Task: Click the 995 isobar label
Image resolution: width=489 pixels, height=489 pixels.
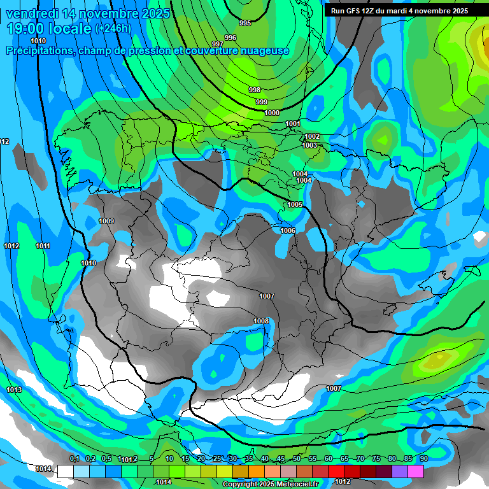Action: (245, 23)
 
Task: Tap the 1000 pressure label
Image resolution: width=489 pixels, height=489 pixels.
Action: (272, 113)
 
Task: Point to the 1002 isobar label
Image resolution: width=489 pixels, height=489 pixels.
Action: (312, 136)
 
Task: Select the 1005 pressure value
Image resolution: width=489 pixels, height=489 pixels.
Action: (295, 204)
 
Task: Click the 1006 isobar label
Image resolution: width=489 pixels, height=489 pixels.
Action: (288, 230)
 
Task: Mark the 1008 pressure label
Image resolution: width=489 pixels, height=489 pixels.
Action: (261, 321)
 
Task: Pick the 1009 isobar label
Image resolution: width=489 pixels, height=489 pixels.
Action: (106, 221)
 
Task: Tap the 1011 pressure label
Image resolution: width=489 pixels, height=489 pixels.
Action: (43, 246)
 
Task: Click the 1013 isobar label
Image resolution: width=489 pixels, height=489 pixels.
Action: (14, 390)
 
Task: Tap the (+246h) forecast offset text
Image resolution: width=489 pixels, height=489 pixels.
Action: (113, 29)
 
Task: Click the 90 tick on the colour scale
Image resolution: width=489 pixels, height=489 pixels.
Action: (423, 459)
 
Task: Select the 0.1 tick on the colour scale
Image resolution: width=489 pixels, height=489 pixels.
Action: (74, 459)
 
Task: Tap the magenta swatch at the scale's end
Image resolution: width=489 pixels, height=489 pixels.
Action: (416, 471)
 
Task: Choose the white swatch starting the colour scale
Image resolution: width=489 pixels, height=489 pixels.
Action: (65, 471)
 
